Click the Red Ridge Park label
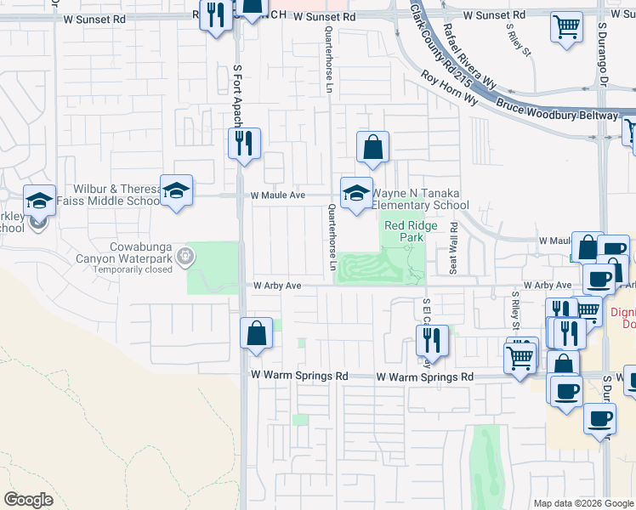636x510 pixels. (x=404, y=231)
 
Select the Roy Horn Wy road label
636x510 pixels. (x=450, y=88)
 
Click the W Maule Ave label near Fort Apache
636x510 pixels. (x=277, y=195)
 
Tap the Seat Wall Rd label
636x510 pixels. (x=453, y=248)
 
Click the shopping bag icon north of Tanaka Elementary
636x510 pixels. (x=372, y=148)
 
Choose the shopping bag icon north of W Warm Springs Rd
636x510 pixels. (x=256, y=334)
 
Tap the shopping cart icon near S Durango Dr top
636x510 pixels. (x=566, y=25)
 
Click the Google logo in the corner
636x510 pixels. (x=29, y=500)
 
